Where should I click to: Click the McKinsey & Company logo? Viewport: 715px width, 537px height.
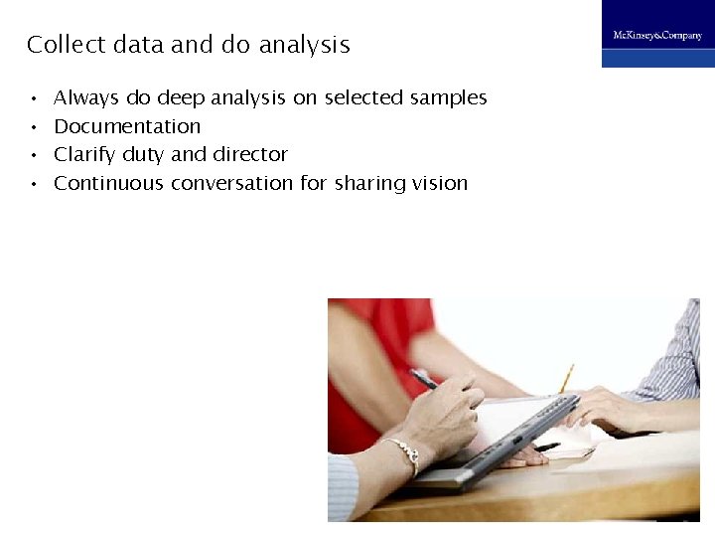pyautogui.click(x=657, y=35)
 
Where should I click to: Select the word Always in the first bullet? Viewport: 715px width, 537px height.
pyautogui.click(x=86, y=98)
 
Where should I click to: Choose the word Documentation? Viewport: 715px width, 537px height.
pyautogui.click(x=127, y=126)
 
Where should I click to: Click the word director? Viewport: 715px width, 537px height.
pyautogui.click(x=250, y=154)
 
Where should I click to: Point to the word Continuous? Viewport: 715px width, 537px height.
pyautogui.click(x=108, y=183)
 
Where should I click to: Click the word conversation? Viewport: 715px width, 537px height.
pyautogui.click(x=232, y=183)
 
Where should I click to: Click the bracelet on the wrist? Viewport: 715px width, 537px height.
pyautogui.click(x=403, y=452)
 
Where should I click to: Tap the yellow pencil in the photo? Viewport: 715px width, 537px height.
pyautogui.click(x=566, y=379)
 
